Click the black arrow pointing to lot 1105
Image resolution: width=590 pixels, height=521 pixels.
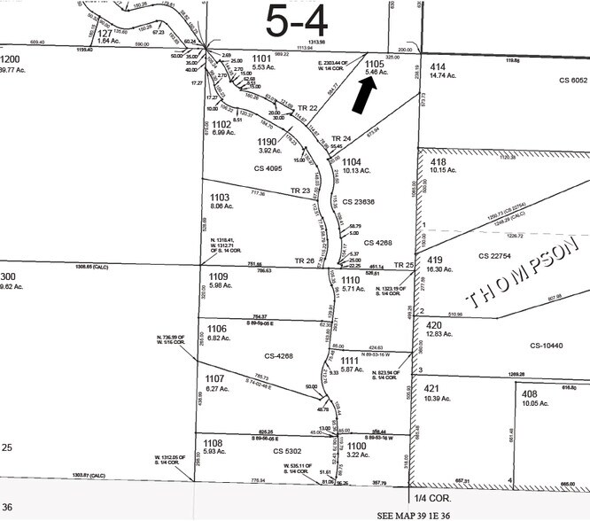pos(364,95)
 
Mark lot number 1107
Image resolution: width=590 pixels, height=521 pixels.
pos(217,378)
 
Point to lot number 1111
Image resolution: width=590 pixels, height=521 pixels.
pos(352,361)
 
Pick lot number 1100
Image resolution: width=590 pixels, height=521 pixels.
pos(357,446)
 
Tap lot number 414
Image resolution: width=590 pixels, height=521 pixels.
pos(438,66)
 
